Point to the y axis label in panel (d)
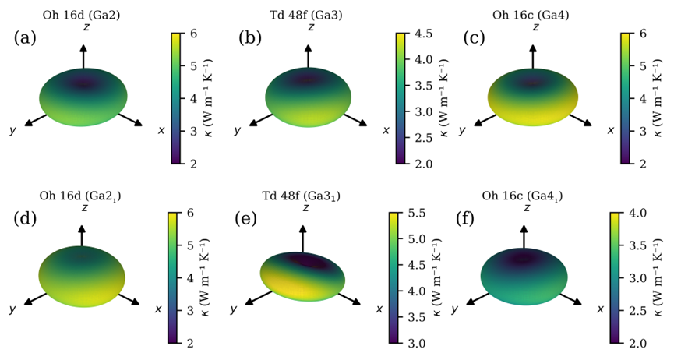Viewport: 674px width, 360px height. [12, 309]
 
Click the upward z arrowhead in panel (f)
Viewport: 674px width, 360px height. [524, 227]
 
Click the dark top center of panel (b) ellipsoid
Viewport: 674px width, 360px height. [310, 79]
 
